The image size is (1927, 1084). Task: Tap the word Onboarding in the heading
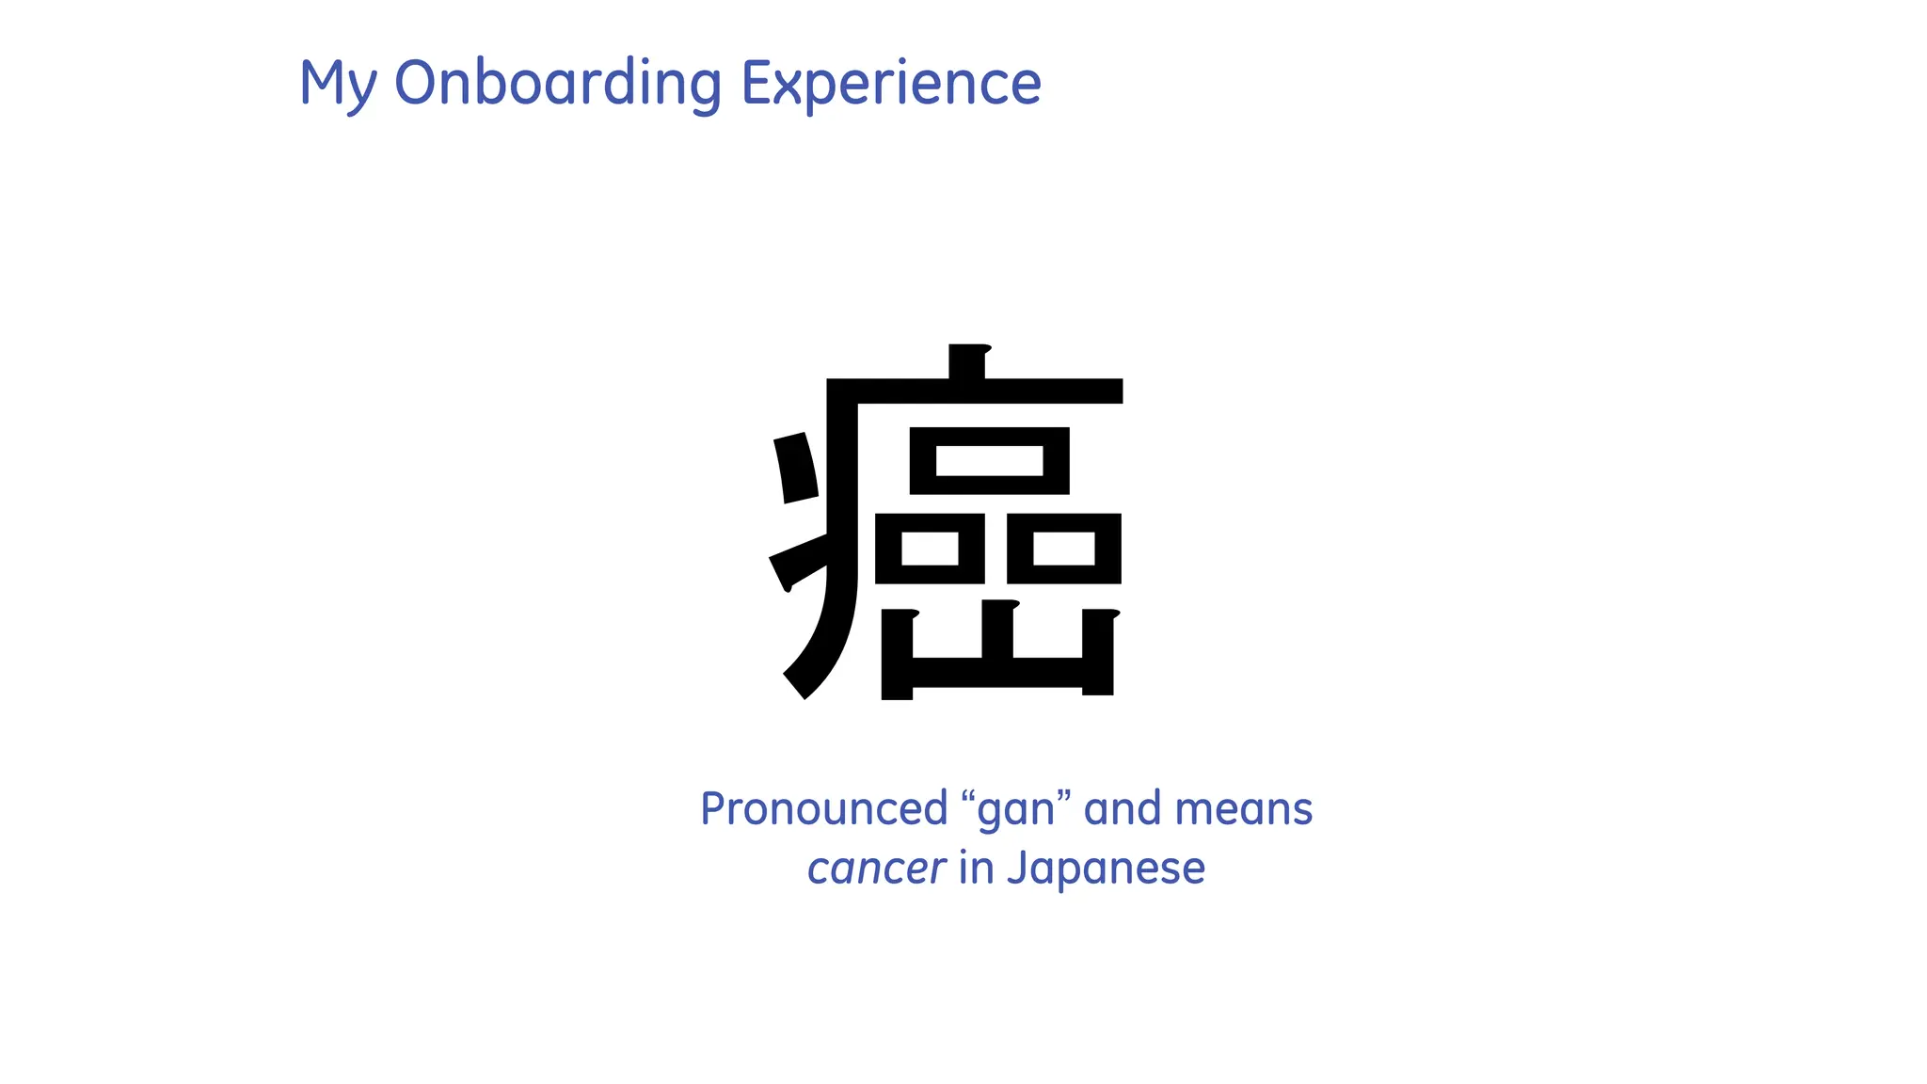point(558,83)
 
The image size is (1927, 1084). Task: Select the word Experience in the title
point(891,83)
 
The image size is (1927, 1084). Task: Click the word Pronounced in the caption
point(824,809)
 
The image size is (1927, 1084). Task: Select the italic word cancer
point(876,869)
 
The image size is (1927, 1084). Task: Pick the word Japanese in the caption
point(1106,869)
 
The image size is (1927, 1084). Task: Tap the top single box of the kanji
point(989,461)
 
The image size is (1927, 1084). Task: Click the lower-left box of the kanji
point(930,549)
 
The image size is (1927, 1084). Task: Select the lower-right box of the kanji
point(1063,549)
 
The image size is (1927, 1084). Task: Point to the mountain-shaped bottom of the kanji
point(998,670)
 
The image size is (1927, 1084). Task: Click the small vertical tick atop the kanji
point(967,360)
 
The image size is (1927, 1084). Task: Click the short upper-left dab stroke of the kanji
point(796,468)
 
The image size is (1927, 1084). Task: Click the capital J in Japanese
point(1016,868)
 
